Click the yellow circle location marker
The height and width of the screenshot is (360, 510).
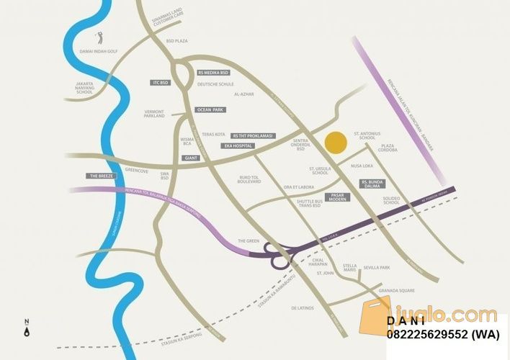pos(334,143)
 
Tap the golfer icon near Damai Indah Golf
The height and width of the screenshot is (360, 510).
pos(100,37)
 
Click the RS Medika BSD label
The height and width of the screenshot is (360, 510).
pos(213,73)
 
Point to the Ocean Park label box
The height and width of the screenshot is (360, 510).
pos(210,109)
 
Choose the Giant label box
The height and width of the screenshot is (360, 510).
pos(191,157)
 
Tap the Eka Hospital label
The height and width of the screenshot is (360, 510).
pos(236,145)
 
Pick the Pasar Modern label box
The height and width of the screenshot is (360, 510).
pos(336,196)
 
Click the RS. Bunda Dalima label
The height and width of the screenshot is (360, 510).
pos(375,184)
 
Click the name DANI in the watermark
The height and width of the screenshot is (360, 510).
pos(406,321)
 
